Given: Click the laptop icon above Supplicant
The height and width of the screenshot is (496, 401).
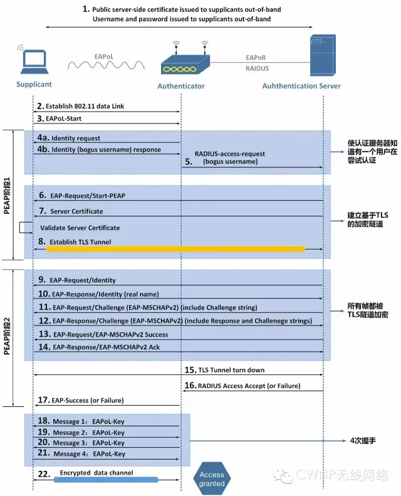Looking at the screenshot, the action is [34, 61].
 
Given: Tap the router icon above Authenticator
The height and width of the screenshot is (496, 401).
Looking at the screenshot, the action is [185, 61].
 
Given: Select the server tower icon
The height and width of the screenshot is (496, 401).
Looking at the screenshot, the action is [322, 55].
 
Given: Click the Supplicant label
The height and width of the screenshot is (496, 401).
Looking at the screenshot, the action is [34, 84].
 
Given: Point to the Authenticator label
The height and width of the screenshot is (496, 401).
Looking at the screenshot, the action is [181, 86].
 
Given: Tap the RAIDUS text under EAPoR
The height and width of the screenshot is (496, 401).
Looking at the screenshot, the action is [258, 68].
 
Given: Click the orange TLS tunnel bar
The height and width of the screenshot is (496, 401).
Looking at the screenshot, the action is [175, 250].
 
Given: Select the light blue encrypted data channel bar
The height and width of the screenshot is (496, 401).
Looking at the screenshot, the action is [106, 480].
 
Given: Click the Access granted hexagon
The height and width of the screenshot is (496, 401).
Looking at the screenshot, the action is [212, 479].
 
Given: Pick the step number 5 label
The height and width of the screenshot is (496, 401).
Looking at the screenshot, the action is [189, 162].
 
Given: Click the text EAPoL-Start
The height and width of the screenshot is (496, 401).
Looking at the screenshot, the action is [63, 119].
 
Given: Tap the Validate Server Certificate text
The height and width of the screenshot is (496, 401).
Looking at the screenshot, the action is [80, 228].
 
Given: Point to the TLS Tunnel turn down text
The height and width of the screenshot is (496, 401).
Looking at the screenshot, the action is [231, 370].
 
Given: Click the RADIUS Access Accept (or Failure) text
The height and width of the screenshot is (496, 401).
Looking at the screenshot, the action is [249, 386].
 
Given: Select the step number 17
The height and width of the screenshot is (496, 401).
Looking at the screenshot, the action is [44, 400].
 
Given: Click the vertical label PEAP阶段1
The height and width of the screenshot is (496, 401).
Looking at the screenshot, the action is [7, 196].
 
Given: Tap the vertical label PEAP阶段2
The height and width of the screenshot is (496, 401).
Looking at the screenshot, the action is [7, 336].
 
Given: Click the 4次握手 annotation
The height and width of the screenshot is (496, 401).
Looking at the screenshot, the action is [363, 441].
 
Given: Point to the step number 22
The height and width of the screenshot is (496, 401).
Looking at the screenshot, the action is [44, 474].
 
